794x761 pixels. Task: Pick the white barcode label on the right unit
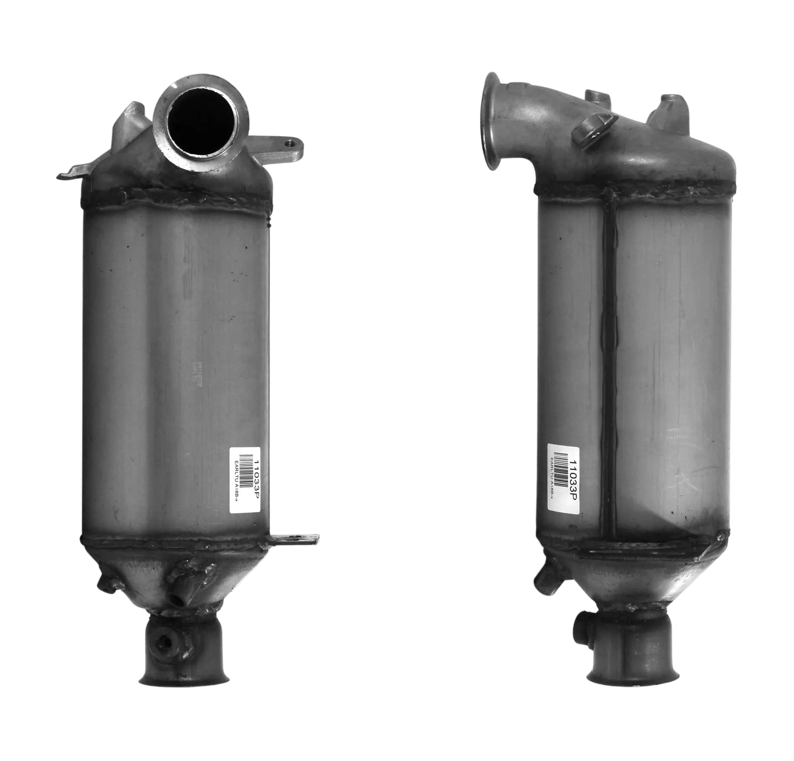coord(564,473)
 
